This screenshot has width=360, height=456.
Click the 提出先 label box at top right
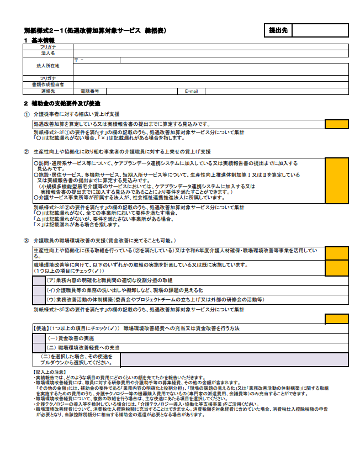pos(278,30)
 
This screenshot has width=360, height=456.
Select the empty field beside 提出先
pos(319,30)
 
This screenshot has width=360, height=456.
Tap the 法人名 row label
pos(48,54)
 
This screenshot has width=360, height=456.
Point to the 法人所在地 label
pos(48,66)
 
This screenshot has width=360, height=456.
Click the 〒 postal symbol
pos(76,59)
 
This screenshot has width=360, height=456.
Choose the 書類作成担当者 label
pos(48,84)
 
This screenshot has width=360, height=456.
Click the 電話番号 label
pos(90,91)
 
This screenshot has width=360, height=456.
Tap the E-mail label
pos(191,91)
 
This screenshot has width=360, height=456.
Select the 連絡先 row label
pos(48,91)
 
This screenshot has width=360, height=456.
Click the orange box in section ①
pos(336,124)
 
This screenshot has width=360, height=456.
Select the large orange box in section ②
pos(336,179)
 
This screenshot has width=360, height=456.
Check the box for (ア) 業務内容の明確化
pos(39,280)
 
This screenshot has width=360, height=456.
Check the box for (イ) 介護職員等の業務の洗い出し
pos(39,290)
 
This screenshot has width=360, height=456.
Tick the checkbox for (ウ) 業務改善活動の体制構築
pos(39,299)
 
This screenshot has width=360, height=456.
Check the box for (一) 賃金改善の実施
pos(39,338)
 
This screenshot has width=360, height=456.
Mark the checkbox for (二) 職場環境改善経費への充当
pos(39,348)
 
